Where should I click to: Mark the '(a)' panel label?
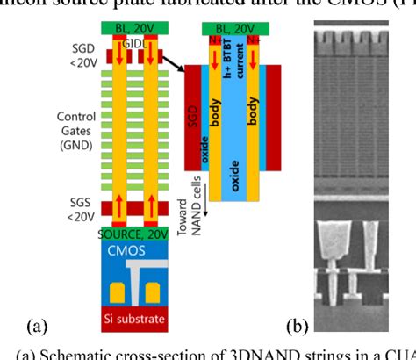(x=37, y=327)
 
